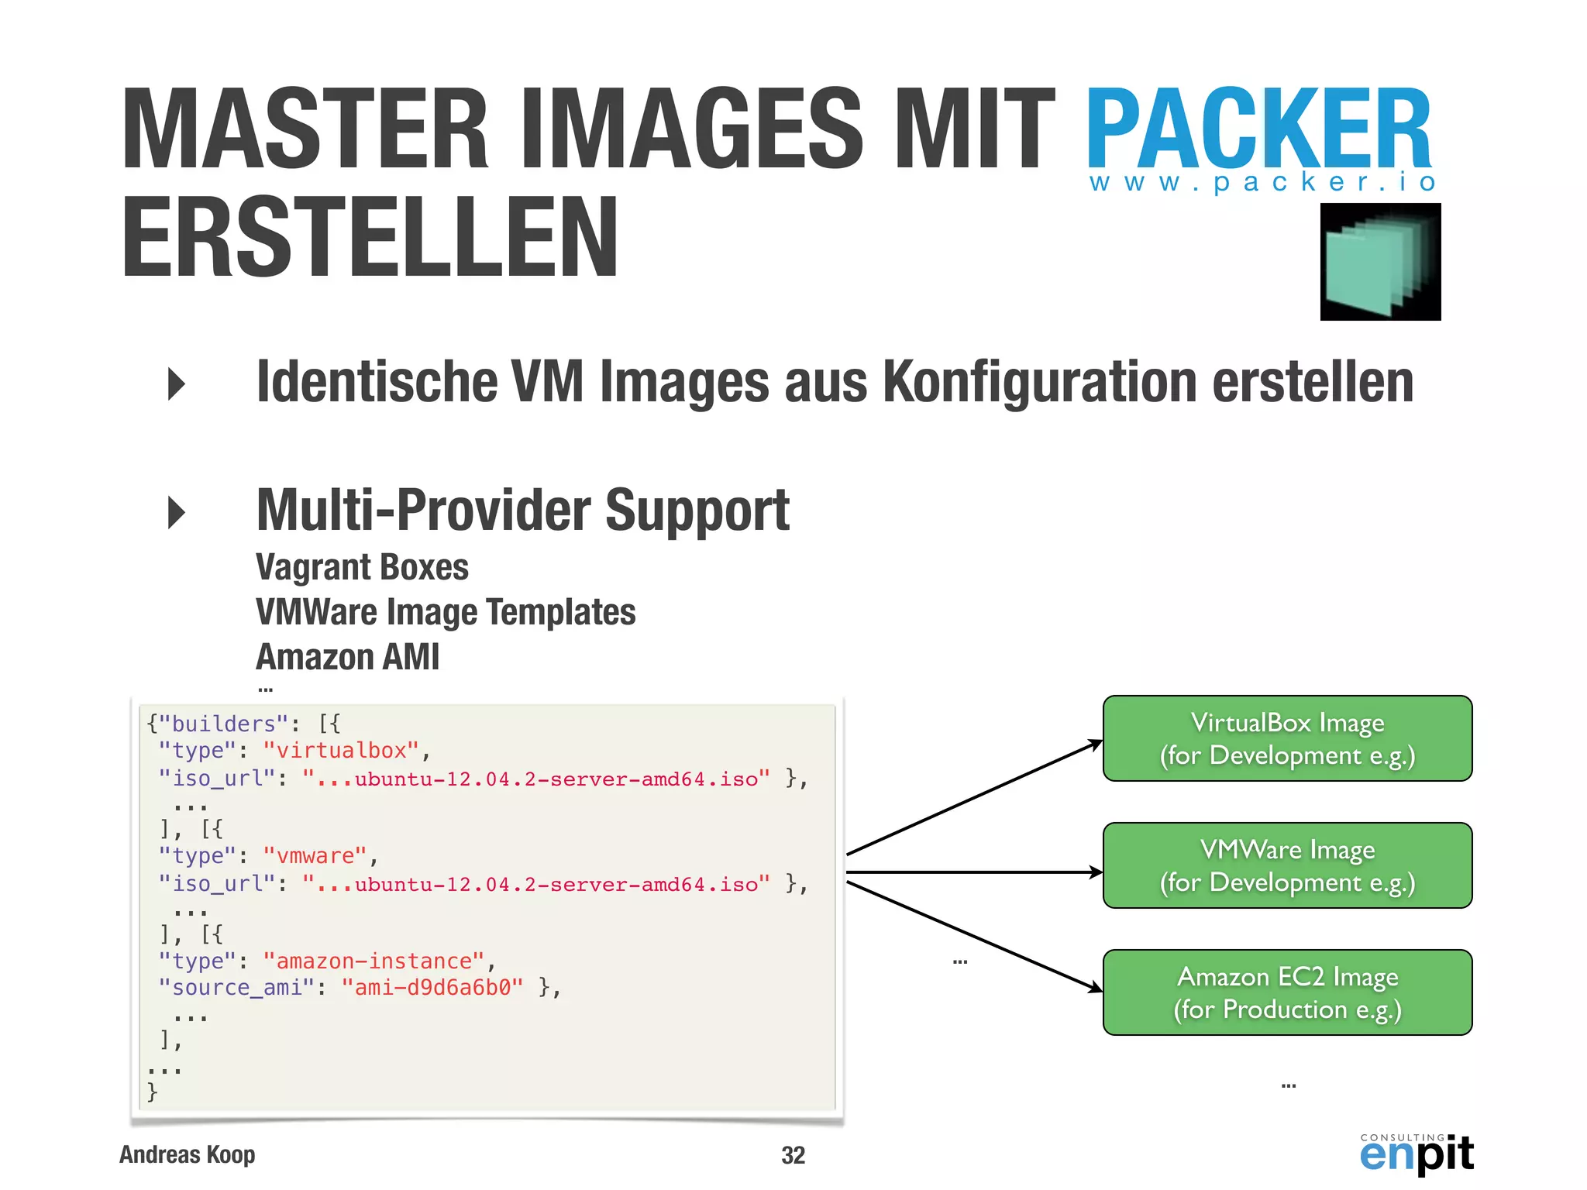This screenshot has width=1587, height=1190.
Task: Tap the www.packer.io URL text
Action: (1263, 183)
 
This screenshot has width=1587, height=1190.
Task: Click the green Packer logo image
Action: (1380, 262)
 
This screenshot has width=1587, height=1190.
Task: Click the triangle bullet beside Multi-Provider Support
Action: (177, 513)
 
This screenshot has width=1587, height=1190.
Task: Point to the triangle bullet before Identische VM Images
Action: (177, 384)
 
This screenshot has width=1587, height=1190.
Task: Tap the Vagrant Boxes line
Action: (362, 567)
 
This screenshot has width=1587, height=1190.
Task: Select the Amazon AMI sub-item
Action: (347, 657)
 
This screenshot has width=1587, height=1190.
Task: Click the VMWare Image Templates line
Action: (446, 612)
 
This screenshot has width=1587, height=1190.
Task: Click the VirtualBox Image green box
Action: (1287, 738)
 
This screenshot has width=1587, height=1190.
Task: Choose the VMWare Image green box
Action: (1287, 865)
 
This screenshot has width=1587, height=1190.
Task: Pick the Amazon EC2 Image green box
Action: (1287, 992)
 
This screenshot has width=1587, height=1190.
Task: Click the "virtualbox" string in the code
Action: (342, 750)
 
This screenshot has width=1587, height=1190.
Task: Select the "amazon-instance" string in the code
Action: (374, 961)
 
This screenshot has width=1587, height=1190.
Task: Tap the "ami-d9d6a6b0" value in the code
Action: (432, 988)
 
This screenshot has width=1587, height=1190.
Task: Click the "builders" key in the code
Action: (224, 724)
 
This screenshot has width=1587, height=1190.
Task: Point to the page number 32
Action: (793, 1155)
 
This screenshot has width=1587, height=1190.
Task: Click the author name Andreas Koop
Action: (188, 1154)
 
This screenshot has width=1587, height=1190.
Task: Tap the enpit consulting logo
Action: (1417, 1154)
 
